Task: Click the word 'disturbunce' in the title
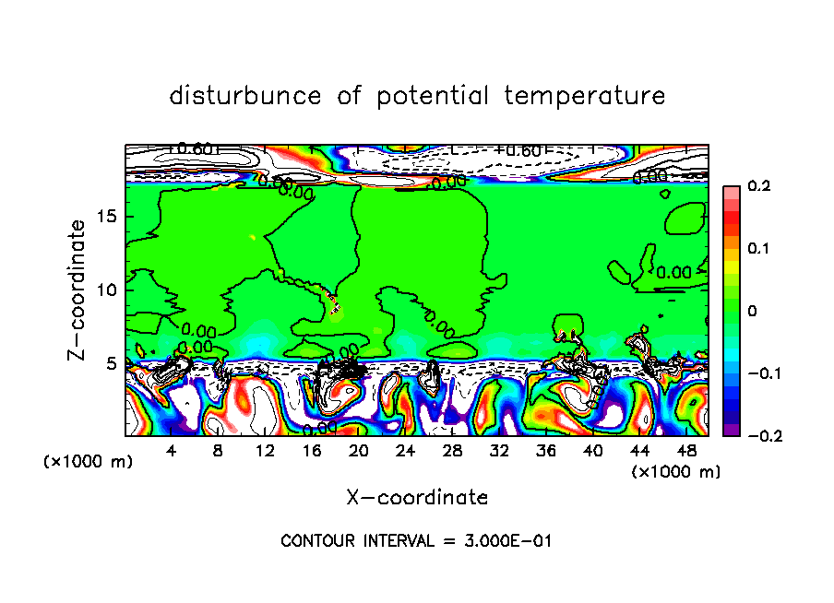[245, 96]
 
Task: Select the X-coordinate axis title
[417, 497]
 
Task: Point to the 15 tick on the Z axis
[107, 217]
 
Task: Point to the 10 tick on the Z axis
[107, 290]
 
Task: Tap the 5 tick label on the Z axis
[112, 362]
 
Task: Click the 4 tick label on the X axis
[172, 451]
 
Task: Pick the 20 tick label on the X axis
[359, 451]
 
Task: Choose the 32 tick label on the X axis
[499, 451]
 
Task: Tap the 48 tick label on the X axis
[686, 451]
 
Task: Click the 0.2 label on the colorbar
[758, 186]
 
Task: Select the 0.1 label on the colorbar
[758, 249]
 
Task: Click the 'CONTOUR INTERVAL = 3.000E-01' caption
[416, 540]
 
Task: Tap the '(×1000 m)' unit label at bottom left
[89, 462]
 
